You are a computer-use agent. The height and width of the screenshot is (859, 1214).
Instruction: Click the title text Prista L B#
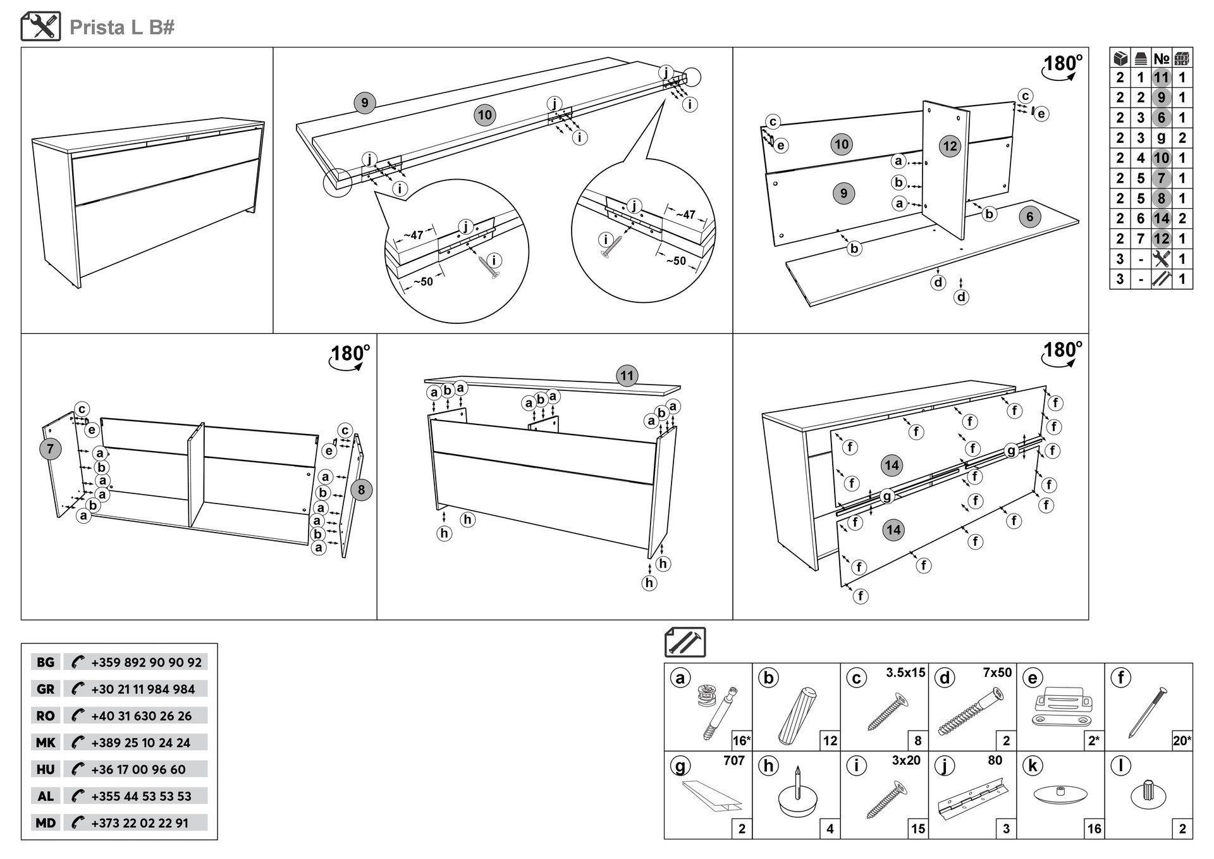coord(121,27)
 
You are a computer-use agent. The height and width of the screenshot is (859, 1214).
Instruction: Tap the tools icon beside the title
coord(41,27)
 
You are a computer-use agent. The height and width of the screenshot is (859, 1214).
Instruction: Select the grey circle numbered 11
coord(626,376)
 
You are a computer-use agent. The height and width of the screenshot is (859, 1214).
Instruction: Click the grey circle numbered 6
coord(1029,217)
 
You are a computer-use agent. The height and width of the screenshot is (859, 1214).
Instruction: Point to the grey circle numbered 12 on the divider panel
coord(950,146)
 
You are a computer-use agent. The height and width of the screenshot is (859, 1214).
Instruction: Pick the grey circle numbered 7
coord(51,449)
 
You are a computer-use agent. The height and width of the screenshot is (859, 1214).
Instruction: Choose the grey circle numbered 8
coord(361,490)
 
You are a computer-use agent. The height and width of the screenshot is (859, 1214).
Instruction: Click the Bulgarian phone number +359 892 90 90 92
coord(146,662)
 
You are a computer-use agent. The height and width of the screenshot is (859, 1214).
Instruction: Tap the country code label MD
coord(46,823)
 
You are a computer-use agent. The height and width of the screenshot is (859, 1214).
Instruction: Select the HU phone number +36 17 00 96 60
coord(138,769)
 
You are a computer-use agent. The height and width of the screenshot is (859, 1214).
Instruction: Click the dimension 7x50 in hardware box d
coord(997,673)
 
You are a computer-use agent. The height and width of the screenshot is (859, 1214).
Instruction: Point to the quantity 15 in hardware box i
coord(918,829)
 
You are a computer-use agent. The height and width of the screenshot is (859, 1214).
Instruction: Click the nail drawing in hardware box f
coord(1147,712)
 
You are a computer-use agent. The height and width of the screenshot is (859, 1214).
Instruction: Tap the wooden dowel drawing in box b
coord(797,716)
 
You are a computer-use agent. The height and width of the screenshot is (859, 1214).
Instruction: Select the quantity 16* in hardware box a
coord(741,741)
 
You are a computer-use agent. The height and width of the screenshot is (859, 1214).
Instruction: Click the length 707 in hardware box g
coord(733,761)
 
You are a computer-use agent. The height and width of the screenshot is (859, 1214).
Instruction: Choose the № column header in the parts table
coord(1161,59)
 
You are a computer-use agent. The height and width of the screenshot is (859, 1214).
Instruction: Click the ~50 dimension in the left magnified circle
coord(423,281)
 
